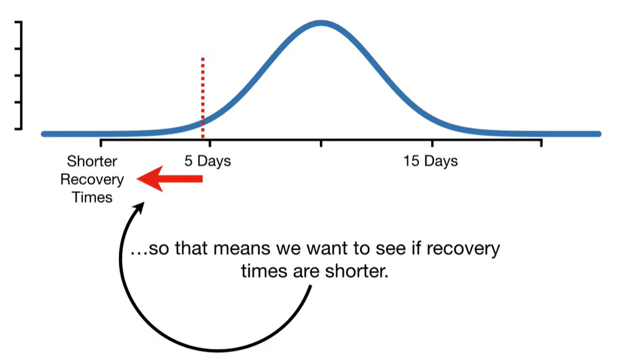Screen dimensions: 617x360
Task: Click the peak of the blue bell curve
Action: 321,23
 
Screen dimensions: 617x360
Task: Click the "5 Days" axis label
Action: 208,161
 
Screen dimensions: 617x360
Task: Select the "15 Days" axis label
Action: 430,161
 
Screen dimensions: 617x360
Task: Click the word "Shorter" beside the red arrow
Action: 92,161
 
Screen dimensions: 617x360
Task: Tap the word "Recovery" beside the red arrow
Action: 92,179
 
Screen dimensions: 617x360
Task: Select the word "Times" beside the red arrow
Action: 92,197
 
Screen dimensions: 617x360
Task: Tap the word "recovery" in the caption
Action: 463,249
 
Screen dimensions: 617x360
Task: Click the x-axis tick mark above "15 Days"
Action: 433,143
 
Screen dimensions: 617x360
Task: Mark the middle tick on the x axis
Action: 321,143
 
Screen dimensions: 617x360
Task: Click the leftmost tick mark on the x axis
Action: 101,143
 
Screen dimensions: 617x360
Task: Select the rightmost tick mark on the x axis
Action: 542,143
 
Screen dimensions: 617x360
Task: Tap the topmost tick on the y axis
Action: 18,22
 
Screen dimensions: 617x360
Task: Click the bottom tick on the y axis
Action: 18,128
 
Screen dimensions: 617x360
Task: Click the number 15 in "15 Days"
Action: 410,161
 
